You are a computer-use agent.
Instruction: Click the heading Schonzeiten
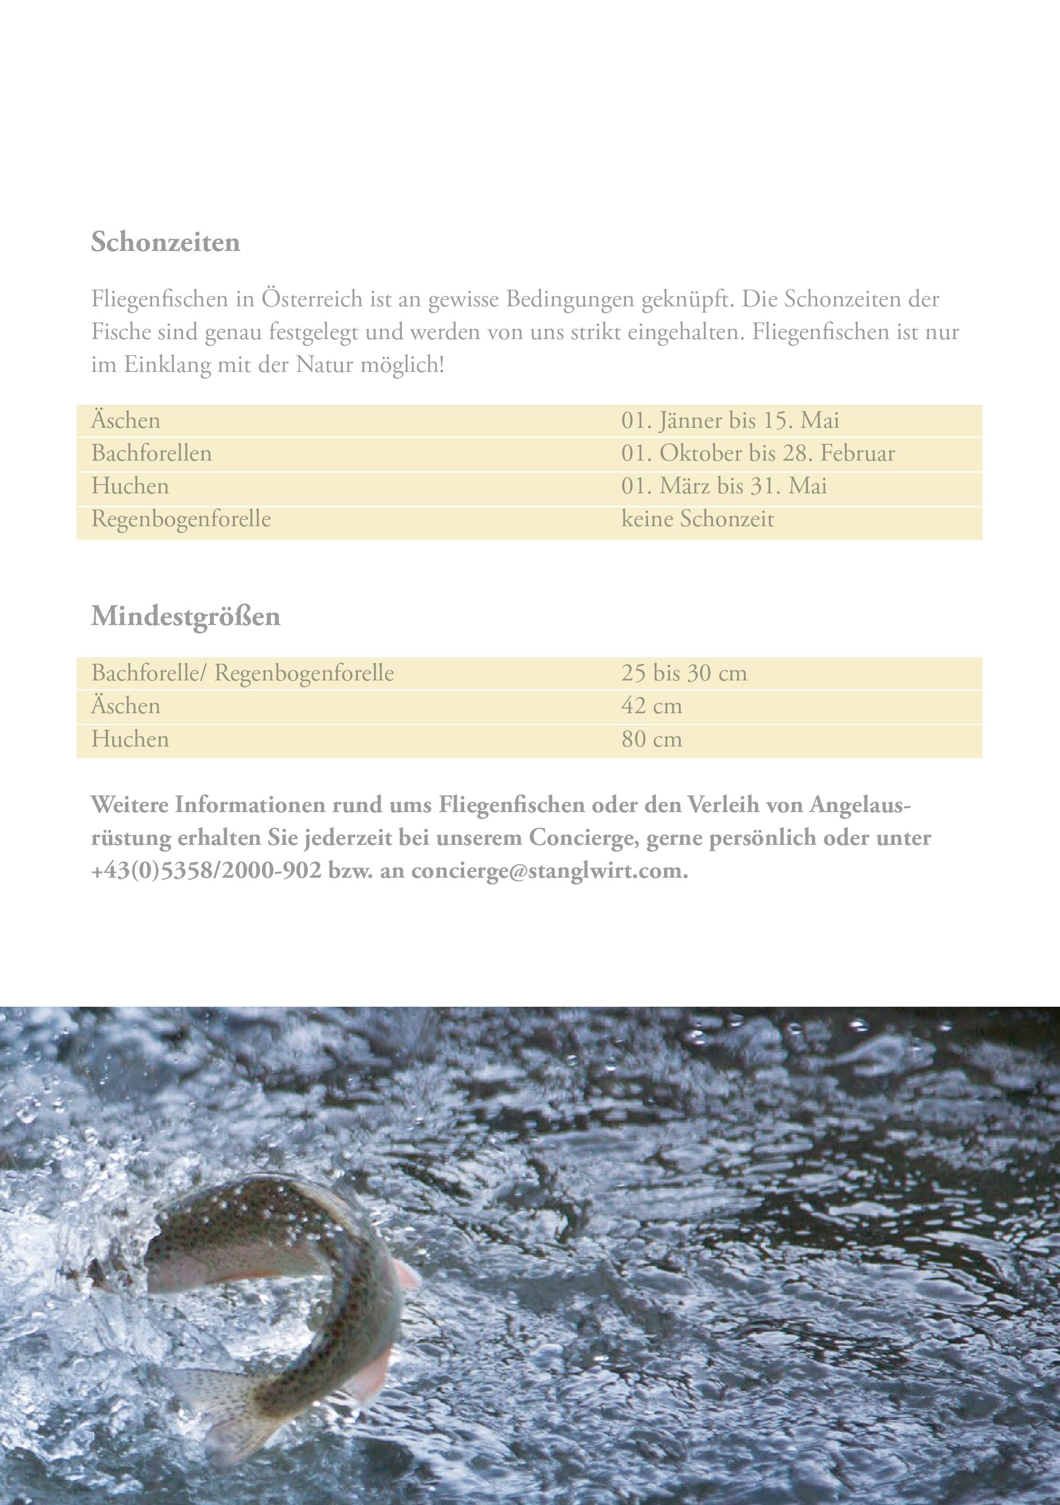(165, 242)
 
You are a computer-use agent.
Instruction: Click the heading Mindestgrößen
(185, 616)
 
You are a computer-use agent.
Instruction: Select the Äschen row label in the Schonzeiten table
(125, 420)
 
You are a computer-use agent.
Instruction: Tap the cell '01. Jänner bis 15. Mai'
(730, 420)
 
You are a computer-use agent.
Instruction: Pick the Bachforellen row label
(152, 453)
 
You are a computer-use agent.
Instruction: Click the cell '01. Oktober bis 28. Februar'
(758, 453)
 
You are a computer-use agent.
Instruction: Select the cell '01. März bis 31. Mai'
(723, 486)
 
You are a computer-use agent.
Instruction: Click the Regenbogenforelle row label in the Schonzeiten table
(181, 519)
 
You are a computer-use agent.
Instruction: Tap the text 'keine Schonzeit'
(697, 519)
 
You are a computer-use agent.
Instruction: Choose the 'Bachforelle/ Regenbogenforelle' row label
(242, 672)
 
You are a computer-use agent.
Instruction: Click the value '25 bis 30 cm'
(683, 672)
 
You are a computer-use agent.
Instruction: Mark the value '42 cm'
(651, 706)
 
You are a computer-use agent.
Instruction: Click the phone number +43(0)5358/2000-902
(206, 871)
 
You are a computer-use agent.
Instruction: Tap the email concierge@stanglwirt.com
(549, 871)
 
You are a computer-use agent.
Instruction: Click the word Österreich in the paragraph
(312, 299)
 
